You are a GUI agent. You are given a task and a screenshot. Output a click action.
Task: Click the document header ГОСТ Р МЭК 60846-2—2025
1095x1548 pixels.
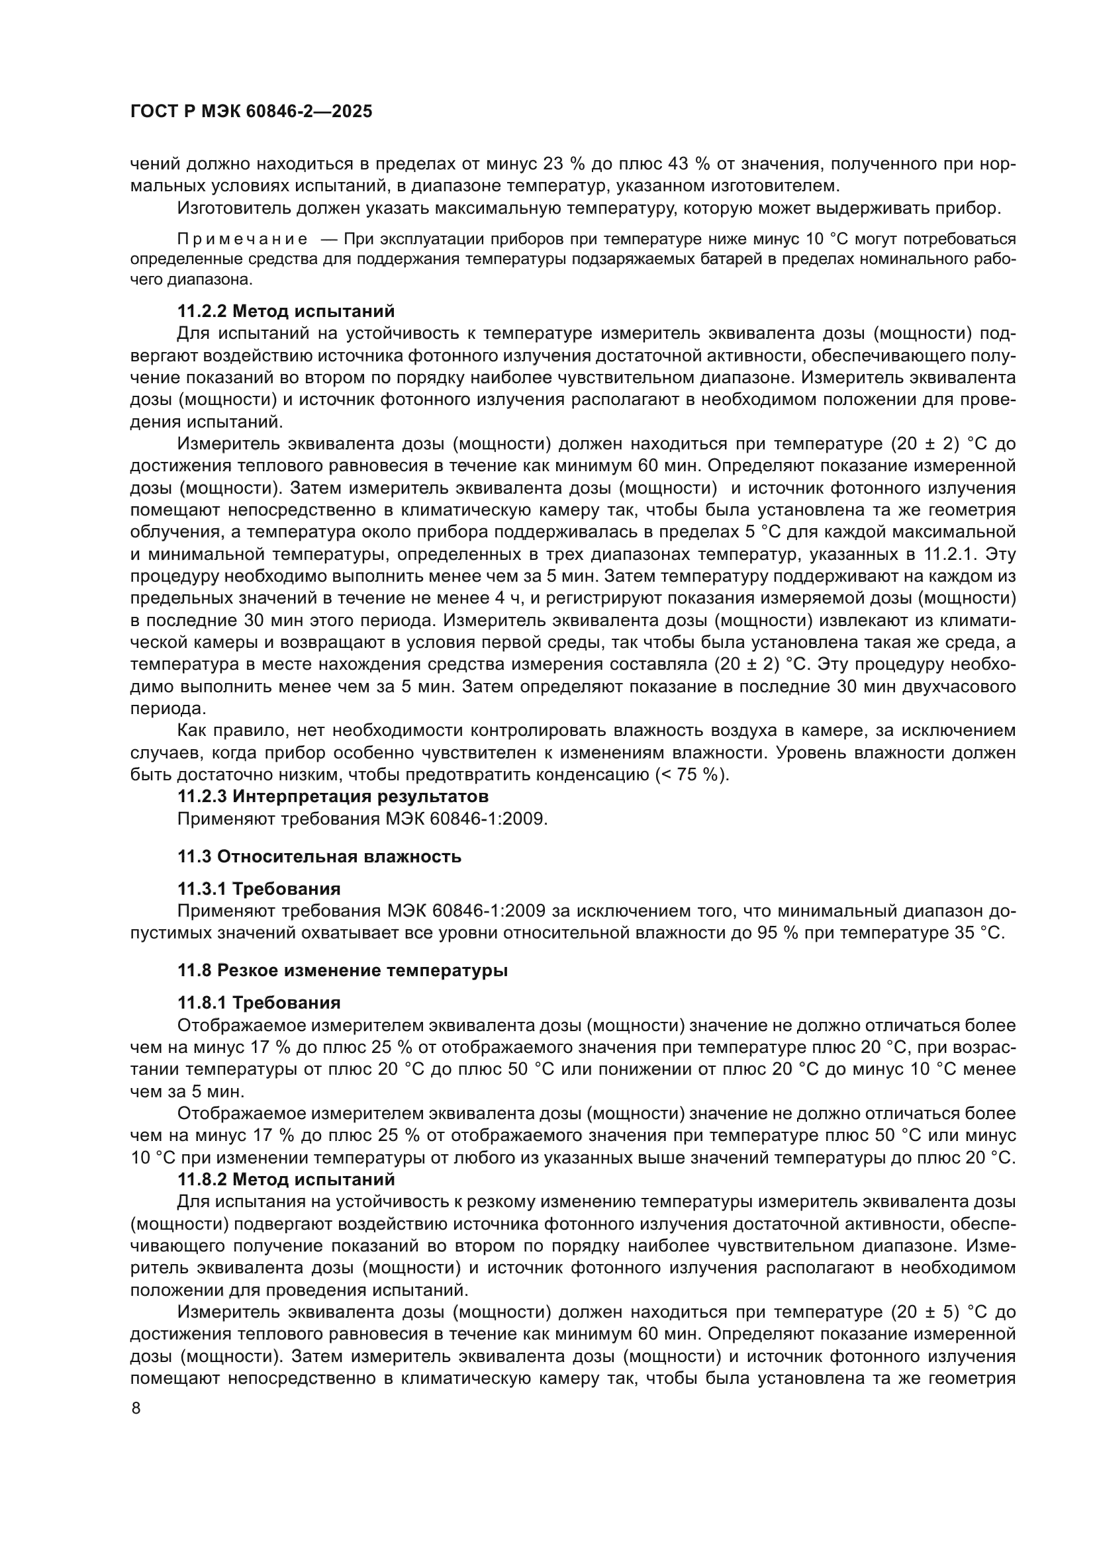[x=251, y=112]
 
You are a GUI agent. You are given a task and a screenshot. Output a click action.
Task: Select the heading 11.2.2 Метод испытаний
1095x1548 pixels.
[x=286, y=312]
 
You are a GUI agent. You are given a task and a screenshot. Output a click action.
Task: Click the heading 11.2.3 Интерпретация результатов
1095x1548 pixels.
[x=333, y=796]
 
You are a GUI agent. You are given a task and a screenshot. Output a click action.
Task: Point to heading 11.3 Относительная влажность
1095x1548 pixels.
[x=320, y=857]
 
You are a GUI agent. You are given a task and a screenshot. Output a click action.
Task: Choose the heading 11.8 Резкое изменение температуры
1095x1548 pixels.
[x=342, y=971]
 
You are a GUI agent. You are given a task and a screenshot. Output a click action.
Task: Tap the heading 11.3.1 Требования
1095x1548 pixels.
[x=259, y=889]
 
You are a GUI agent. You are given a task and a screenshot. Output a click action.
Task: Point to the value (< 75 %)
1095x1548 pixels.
[x=692, y=775]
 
